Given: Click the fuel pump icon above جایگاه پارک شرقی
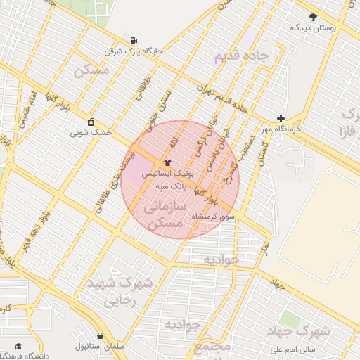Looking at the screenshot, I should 134,39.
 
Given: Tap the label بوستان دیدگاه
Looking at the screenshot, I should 314,27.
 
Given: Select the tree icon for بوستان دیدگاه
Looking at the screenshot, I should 313,16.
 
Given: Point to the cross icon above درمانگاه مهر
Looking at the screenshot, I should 281,118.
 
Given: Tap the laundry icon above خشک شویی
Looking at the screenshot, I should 91,121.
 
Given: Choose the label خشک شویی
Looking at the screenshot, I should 91,132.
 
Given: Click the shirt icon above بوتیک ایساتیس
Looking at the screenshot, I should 167,162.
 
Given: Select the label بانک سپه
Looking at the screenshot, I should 172,186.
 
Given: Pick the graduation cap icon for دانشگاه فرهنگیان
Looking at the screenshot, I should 19,347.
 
